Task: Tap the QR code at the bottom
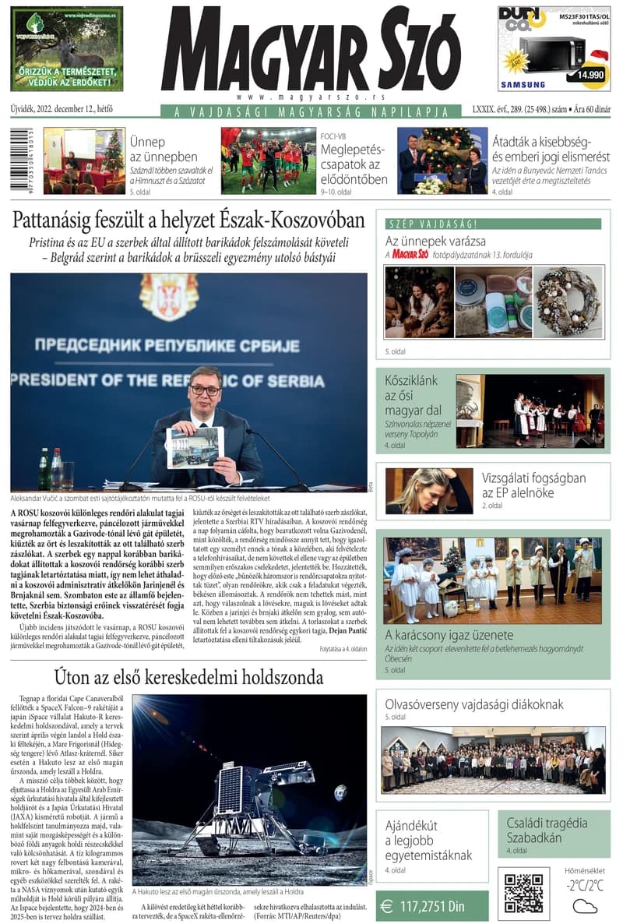(523, 893)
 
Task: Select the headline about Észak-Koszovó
(189, 220)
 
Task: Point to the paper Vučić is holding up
(195, 446)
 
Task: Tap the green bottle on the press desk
(44, 468)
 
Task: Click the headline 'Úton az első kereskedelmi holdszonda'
(188, 675)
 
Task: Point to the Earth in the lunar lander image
(340, 792)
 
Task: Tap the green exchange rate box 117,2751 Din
(431, 906)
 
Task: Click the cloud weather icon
(585, 906)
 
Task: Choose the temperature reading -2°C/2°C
(585, 885)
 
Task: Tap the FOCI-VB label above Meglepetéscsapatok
(333, 136)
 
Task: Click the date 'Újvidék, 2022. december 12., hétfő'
(63, 111)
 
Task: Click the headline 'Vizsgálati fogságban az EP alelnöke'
(533, 485)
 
